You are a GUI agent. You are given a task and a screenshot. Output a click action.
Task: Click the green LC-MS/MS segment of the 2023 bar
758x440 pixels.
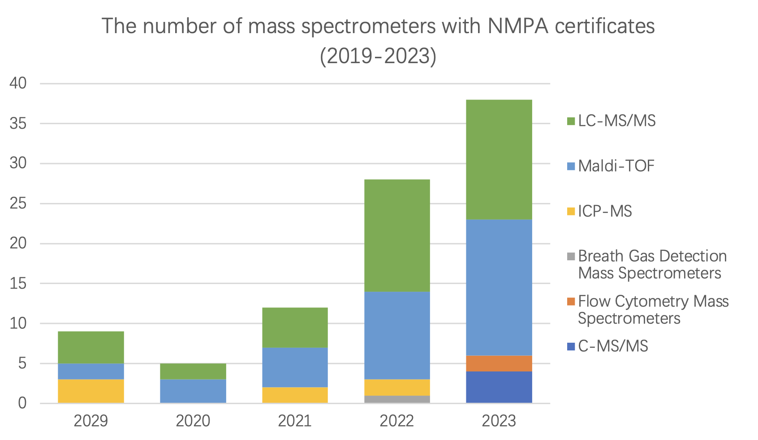tap(499, 160)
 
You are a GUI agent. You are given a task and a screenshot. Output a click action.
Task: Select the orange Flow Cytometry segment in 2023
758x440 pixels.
tap(499, 363)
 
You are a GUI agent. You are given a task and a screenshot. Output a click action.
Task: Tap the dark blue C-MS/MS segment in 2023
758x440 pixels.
tap(499, 387)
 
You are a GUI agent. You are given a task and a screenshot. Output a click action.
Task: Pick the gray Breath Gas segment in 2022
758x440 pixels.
tap(397, 399)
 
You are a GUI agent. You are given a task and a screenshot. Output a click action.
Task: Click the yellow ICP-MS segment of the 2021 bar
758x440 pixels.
tap(295, 395)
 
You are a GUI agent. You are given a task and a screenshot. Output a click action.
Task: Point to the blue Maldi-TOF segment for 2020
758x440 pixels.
tap(193, 391)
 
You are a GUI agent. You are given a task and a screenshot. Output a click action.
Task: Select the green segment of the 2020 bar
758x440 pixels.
tap(193, 371)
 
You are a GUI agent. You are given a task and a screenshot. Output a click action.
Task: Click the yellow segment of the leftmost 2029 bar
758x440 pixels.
tap(91, 391)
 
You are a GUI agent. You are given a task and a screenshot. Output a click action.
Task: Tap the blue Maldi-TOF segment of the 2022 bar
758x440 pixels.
tap(397, 336)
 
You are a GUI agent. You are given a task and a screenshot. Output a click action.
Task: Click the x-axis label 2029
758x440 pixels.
tap(91, 421)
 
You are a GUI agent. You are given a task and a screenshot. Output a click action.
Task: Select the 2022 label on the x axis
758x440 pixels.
tap(397, 421)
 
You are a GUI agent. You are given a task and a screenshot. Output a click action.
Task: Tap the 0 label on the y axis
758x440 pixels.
tap(22, 403)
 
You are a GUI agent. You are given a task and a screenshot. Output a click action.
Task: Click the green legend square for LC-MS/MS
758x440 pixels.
tap(571, 121)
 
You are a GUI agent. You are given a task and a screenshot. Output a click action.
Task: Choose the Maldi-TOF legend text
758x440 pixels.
tap(616, 166)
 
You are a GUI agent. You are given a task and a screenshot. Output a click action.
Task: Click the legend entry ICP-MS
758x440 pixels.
tap(605, 211)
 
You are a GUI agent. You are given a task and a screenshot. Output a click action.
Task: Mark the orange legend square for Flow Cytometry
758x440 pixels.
tap(571, 302)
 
